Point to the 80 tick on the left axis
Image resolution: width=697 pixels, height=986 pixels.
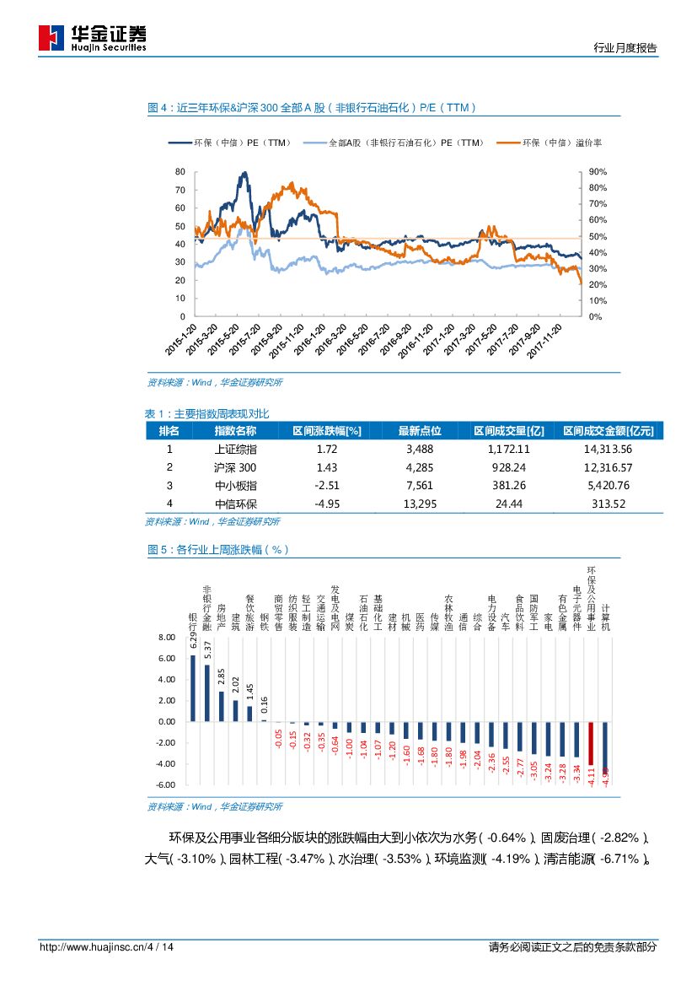tap(180, 172)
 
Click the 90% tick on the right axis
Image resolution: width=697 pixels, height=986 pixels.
tap(598, 172)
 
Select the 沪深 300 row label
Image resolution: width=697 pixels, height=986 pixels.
tap(235, 467)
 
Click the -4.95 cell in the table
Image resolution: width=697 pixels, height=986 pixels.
tap(326, 504)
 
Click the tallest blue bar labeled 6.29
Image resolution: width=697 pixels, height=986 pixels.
tap(193, 688)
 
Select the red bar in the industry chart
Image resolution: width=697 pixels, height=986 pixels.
tap(591, 743)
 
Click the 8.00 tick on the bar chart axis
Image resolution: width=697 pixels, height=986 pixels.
tap(167, 638)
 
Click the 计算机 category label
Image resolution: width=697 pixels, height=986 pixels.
tap(605, 617)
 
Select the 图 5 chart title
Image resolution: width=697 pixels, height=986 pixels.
tap(218, 550)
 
